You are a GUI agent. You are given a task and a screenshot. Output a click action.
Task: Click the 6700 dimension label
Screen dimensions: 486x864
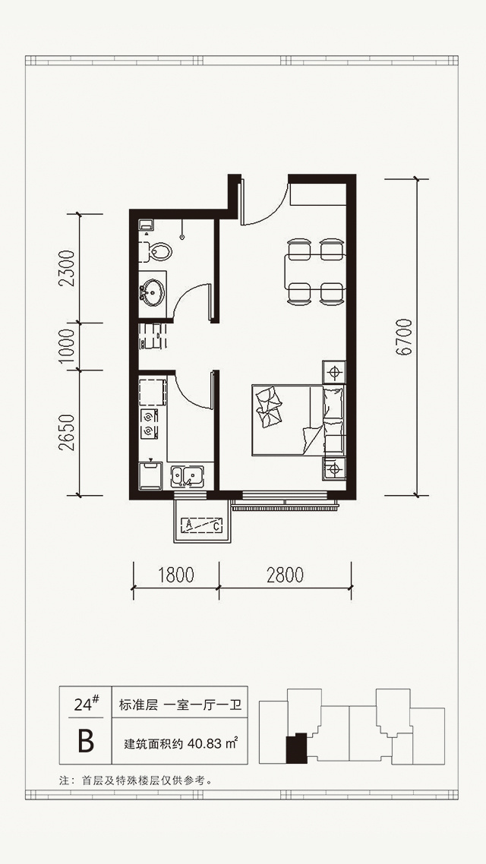click(404, 337)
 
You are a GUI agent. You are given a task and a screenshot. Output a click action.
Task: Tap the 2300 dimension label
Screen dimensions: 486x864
click(68, 268)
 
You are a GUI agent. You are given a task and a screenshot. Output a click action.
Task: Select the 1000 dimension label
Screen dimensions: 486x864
click(68, 347)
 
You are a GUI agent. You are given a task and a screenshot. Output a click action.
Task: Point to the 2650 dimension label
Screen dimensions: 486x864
click(68, 433)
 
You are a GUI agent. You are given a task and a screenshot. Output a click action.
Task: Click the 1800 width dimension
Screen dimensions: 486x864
click(175, 575)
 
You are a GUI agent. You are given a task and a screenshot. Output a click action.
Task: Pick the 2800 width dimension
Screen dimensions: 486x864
click(285, 575)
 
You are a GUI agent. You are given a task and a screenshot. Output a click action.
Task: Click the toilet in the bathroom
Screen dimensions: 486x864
click(156, 252)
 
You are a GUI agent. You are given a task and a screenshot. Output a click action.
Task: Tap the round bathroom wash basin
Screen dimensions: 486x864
click(152, 290)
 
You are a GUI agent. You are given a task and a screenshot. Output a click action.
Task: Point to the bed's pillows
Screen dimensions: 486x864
click(268, 405)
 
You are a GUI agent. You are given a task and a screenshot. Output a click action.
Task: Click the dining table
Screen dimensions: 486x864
click(315, 271)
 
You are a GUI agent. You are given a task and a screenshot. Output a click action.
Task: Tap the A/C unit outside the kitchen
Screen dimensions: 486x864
click(201, 524)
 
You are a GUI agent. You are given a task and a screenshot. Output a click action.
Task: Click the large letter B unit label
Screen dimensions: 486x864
click(85, 742)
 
